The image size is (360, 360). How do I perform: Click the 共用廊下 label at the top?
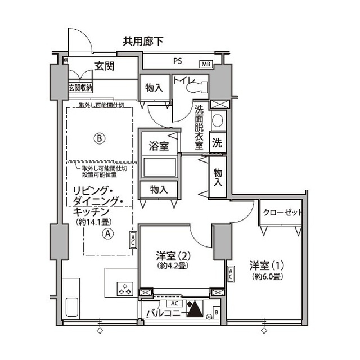tap(143, 41)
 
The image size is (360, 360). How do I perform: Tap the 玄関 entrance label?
tap(104, 66)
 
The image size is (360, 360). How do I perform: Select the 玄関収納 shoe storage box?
tap(80, 88)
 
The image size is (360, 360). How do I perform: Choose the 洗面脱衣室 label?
tap(199, 126)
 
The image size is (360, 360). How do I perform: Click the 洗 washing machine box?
tap(217, 143)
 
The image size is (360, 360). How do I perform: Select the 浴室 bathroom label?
tap(159, 145)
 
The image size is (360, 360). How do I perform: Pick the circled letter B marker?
tap(100, 137)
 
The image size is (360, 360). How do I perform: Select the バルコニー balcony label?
tap(163, 314)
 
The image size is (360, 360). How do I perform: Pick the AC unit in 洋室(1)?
tap(231, 274)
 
